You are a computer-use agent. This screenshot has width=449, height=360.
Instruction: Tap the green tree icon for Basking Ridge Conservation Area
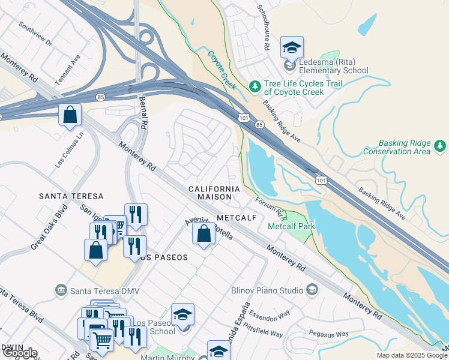pyautogui.click(x=440, y=146)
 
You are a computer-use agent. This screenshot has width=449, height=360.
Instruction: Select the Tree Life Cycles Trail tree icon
pyautogui.click(x=255, y=88)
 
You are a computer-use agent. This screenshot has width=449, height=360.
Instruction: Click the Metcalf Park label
pyautogui.click(x=291, y=227)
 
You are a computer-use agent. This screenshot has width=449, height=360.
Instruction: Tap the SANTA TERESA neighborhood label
pyautogui.click(x=71, y=196)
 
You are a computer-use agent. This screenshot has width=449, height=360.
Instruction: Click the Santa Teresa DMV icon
pyautogui.click(x=61, y=291)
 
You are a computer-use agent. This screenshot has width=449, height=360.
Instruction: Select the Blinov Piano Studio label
pyautogui.click(x=267, y=290)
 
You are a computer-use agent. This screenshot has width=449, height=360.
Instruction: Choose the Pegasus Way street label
pyautogui.click(x=328, y=334)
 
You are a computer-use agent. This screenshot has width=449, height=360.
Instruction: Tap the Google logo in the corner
pyautogui.click(x=19, y=353)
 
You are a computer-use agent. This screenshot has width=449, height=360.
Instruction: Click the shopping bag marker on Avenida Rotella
pyautogui.click(x=203, y=234)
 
